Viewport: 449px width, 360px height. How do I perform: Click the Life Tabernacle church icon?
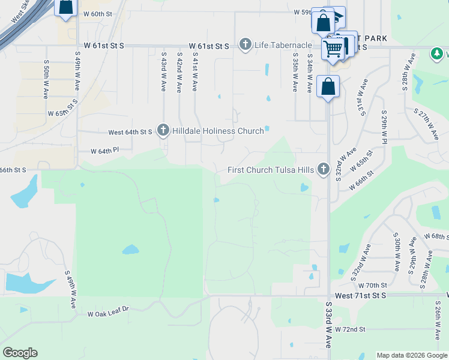pos(245,44)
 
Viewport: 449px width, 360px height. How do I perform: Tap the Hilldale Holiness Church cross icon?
pos(163,130)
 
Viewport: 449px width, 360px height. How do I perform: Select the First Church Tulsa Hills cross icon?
pos(324,170)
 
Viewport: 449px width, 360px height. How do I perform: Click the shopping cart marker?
pos(334,48)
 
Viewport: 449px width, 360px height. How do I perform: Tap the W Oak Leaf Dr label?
pos(108,313)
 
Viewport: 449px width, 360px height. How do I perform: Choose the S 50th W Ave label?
pos(46,79)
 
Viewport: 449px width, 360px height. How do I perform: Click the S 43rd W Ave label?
pos(163,71)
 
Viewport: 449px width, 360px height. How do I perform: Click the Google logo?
pos(19,353)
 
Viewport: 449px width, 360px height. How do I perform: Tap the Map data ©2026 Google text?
pos(412,355)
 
